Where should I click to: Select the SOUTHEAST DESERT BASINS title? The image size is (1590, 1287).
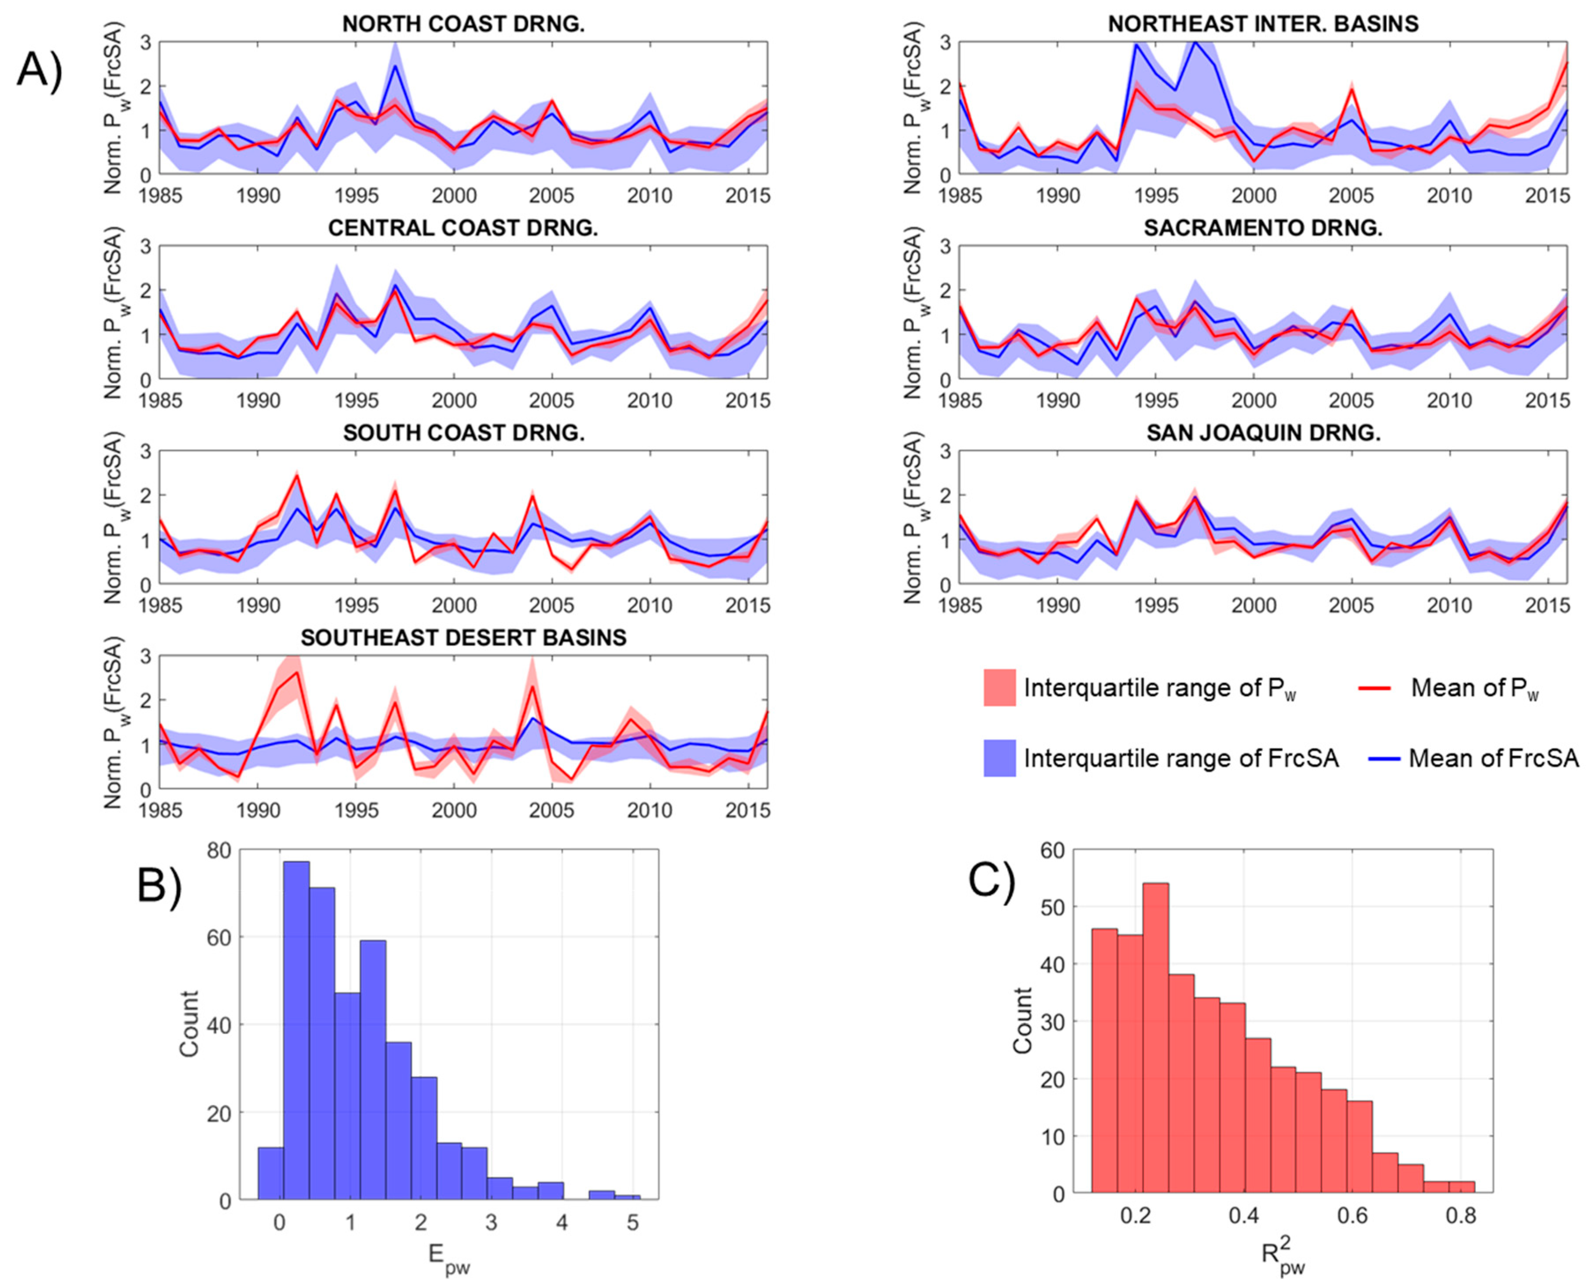pyautogui.click(x=463, y=638)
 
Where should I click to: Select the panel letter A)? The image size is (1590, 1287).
pyautogui.click(x=41, y=72)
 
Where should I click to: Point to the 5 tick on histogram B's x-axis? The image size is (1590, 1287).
pyautogui.click(x=632, y=1222)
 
